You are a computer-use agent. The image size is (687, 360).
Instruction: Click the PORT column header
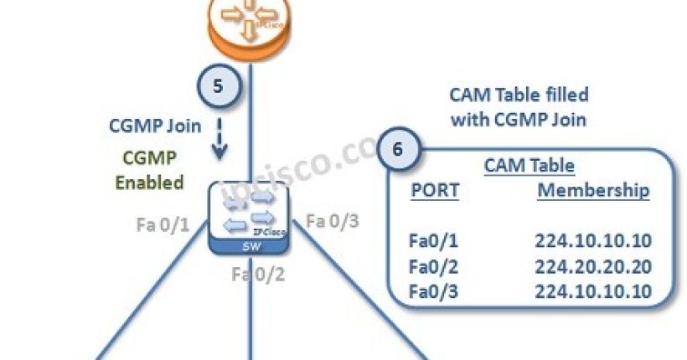click(435, 190)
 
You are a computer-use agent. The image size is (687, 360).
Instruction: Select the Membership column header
click(593, 190)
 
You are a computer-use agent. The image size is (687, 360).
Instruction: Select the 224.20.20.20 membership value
click(593, 267)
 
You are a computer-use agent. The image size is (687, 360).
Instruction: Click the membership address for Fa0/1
click(593, 241)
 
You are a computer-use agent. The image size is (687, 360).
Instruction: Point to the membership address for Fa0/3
click(593, 292)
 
